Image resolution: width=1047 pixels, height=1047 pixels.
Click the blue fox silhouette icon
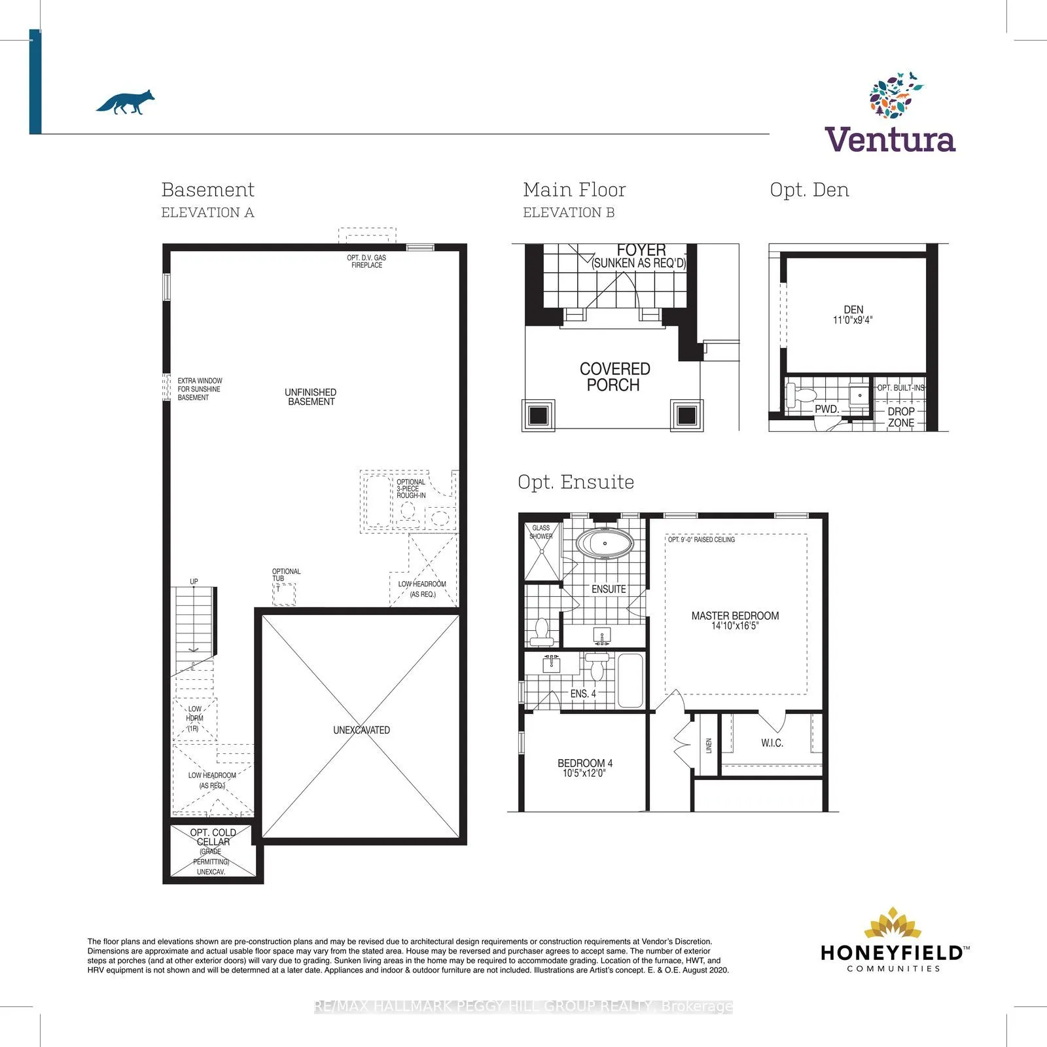(126, 102)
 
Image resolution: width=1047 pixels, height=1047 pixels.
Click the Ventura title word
(890, 139)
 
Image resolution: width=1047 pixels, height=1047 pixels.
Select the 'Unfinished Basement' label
(311, 397)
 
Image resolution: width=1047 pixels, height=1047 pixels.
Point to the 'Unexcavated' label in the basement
(361, 730)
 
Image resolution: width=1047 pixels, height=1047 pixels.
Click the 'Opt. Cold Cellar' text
(213, 838)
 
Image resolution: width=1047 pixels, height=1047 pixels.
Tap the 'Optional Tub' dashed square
(284, 594)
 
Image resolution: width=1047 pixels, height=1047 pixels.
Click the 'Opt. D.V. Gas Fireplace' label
(366, 262)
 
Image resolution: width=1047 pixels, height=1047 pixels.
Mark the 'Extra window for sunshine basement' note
(200, 389)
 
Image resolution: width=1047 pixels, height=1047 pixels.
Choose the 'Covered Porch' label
(614, 377)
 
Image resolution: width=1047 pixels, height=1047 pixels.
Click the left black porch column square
(538, 415)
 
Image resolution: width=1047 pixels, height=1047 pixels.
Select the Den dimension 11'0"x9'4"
(853, 321)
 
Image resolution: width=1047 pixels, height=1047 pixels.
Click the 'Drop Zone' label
(901, 417)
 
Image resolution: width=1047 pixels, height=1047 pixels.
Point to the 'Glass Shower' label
(541, 532)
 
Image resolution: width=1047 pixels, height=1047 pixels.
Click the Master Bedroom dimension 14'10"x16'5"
(735, 626)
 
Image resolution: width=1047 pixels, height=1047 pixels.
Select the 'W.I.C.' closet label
(772, 743)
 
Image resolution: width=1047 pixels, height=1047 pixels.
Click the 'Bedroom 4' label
(585, 763)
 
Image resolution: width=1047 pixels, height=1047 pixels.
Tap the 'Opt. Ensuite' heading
(576, 482)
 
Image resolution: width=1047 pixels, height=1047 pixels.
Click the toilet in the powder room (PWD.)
(801, 395)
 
